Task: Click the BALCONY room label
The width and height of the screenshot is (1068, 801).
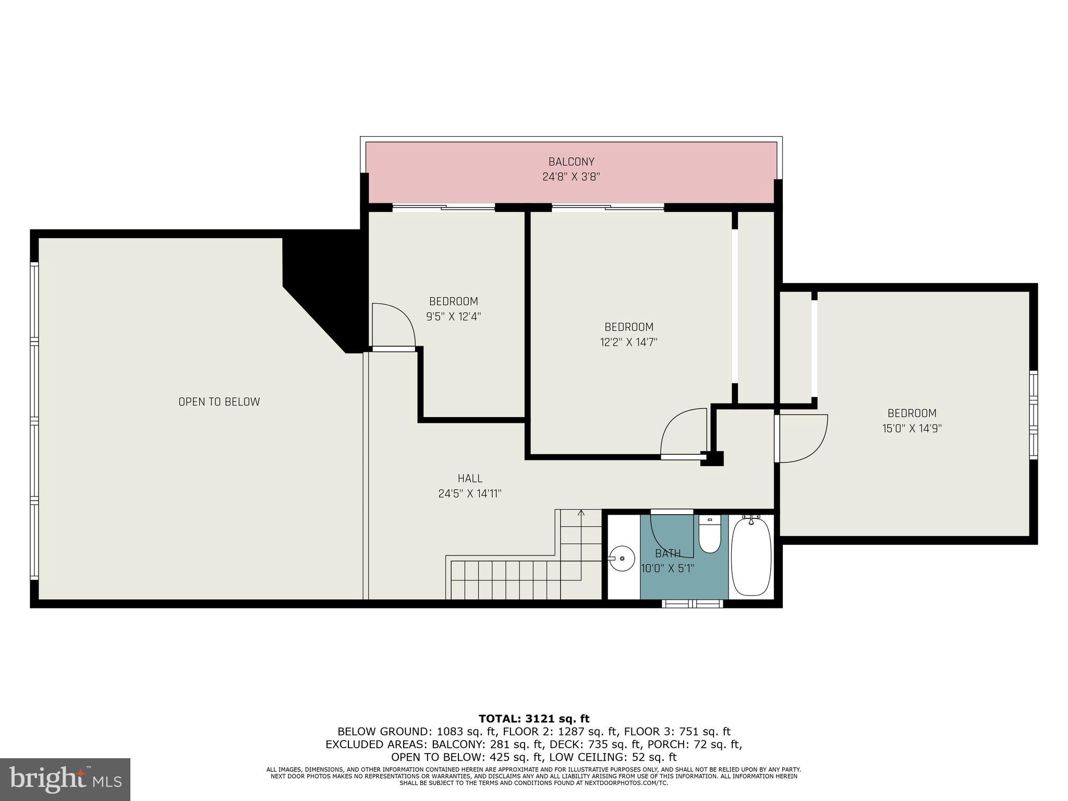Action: (571, 162)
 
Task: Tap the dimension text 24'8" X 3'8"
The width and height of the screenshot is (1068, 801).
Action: (571, 177)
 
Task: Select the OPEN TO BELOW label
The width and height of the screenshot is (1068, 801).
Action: (219, 402)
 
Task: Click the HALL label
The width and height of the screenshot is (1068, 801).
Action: (470, 478)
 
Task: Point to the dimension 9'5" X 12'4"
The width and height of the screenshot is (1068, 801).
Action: (453, 317)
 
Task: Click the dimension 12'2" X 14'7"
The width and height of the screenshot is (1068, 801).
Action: (628, 342)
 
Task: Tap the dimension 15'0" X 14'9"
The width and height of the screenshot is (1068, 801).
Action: (912, 429)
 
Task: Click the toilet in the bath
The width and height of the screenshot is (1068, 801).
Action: (709, 535)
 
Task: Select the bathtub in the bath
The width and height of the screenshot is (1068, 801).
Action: (751, 557)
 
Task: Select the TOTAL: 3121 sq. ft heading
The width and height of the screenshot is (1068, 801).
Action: (534, 719)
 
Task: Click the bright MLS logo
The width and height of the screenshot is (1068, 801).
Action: (65, 780)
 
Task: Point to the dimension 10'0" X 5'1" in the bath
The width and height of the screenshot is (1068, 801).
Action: (667, 568)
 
